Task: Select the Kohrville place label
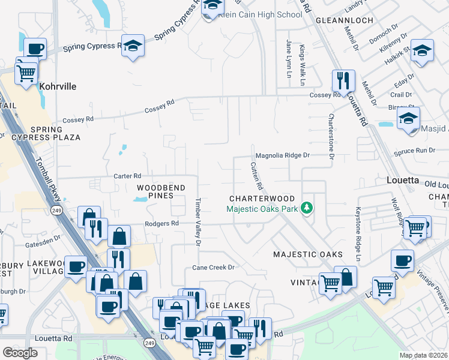pyautogui.click(x=58, y=86)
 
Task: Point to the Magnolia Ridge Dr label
pyautogui.click(x=282, y=155)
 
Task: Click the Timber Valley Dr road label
pyautogui.click(x=197, y=221)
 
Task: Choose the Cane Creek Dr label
pyautogui.click(x=212, y=267)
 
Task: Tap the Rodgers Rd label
pyautogui.click(x=162, y=223)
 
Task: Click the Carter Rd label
pyautogui.click(x=127, y=176)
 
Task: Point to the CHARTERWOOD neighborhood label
pyautogui.click(x=262, y=199)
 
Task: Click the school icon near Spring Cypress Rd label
pyautogui.click(x=133, y=45)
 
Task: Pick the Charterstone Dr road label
pyautogui.click(x=330, y=136)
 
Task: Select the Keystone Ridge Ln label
pyautogui.click(x=357, y=235)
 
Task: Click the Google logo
pyautogui.click(x=20, y=353)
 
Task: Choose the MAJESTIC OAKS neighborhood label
pyautogui.click(x=308, y=254)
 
